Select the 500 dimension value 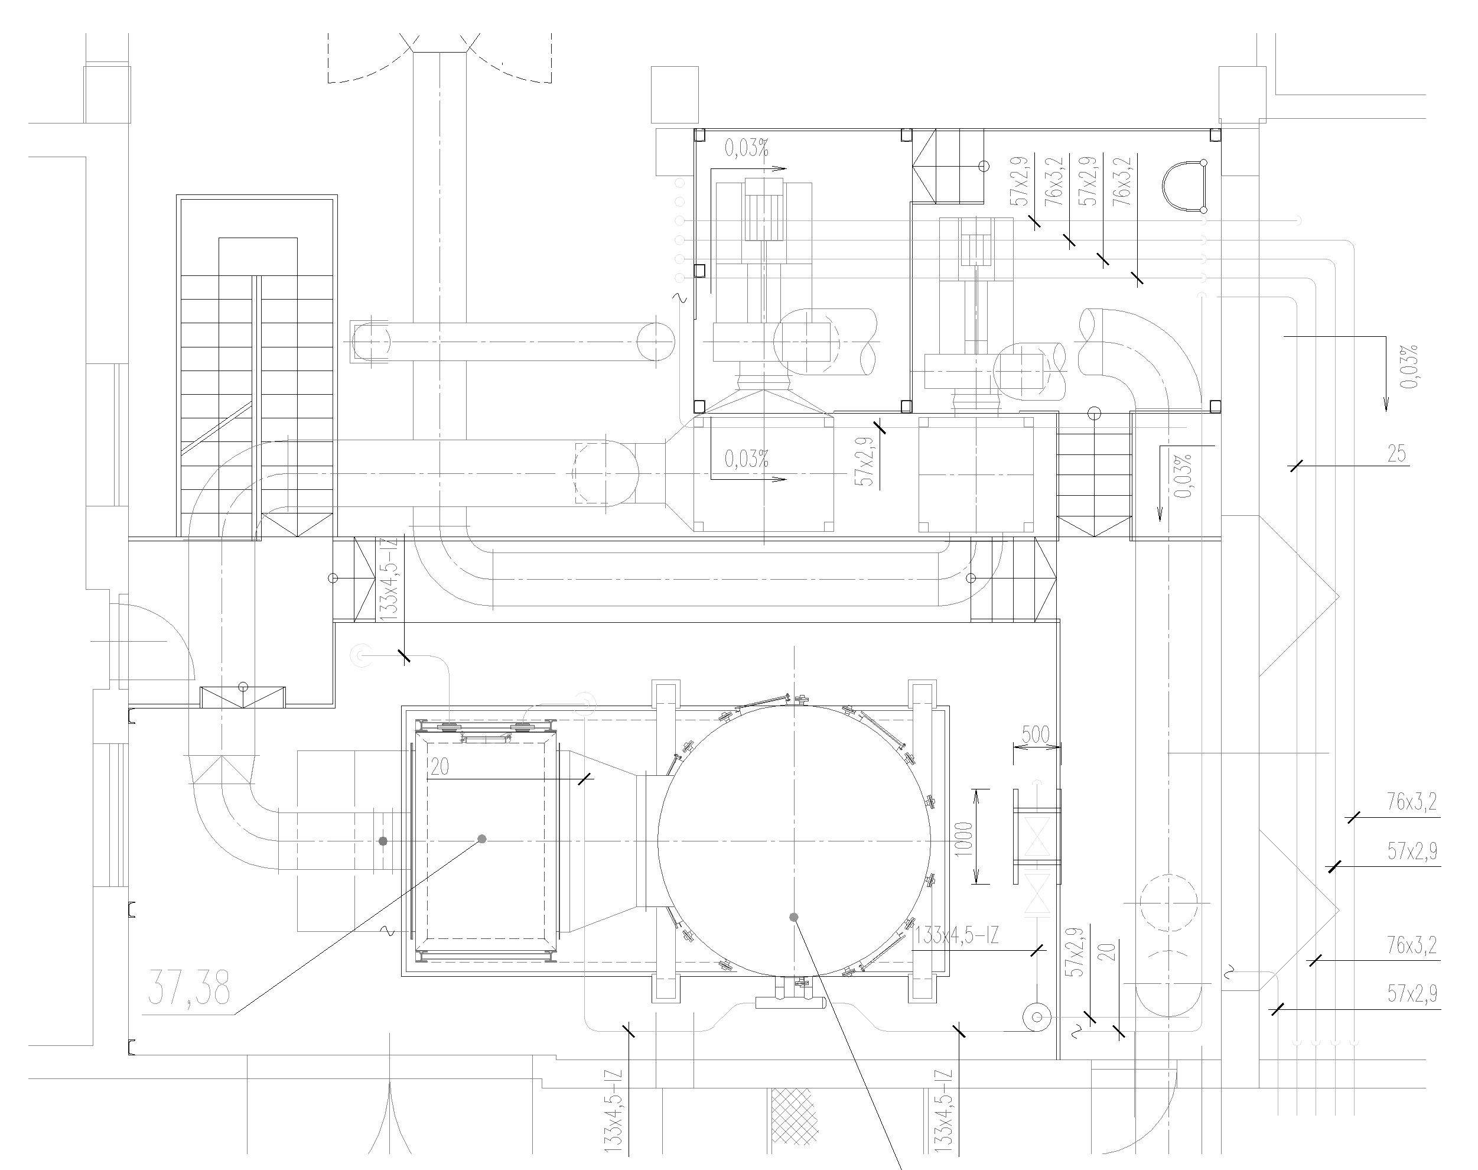click(x=1036, y=734)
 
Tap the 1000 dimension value click(x=963, y=836)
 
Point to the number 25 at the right click(x=1396, y=453)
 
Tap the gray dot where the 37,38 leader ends click(x=482, y=839)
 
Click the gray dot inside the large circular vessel click(x=794, y=917)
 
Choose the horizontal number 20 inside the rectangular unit click(x=440, y=766)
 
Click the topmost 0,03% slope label click(x=747, y=148)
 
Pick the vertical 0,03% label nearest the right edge click(x=1409, y=366)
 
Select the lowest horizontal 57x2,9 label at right click(x=1412, y=993)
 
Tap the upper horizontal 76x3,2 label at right click(x=1412, y=801)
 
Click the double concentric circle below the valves click(x=1037, y=1017)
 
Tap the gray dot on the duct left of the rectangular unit click(x=383, y=840)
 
